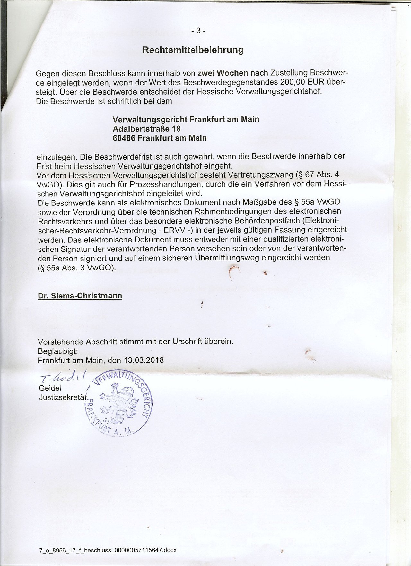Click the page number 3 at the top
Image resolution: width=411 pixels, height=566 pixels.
198,31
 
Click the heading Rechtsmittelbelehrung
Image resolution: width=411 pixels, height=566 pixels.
193,50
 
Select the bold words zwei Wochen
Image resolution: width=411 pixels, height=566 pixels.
223,73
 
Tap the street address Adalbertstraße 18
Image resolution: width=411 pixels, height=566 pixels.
147,129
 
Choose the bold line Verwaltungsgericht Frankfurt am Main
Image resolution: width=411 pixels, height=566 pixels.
186,119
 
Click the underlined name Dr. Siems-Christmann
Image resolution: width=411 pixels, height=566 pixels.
80,296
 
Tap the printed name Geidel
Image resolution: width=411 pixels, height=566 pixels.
50,388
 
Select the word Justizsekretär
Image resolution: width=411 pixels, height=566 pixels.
63,397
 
